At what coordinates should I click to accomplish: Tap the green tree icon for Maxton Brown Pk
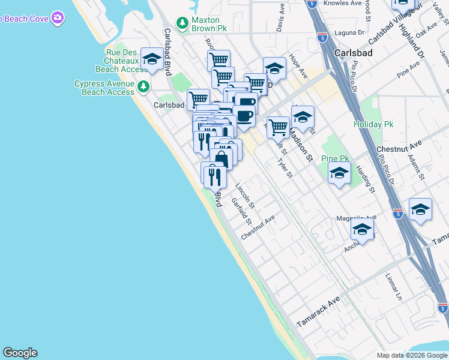point(182,20)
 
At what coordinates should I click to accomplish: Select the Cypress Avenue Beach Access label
point(104,88)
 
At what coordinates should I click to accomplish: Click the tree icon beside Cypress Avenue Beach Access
point(143,87)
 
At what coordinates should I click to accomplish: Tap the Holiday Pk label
point(373,124)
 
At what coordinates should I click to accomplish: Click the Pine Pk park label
point(335,158)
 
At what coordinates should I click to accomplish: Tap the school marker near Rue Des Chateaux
point(152,59)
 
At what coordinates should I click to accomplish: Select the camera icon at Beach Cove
point(57,17)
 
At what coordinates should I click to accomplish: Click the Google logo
point(20,353)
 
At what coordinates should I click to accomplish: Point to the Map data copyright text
point(412,355)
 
